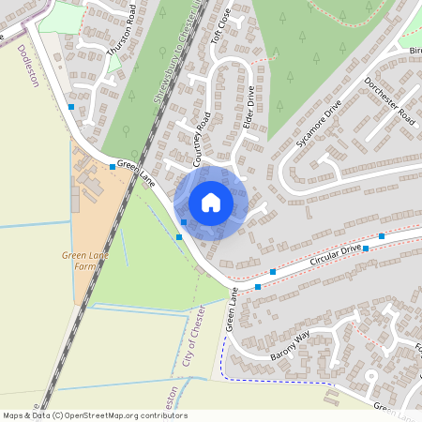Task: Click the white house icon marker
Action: coord(211,202)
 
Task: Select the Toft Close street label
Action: coord(220,38)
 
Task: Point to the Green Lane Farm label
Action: coord(80,260)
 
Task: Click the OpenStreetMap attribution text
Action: coord(94,415)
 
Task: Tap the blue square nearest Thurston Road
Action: coord(72,108)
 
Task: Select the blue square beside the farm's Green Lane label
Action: coord(113,167)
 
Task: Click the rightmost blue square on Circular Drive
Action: coord(382,236)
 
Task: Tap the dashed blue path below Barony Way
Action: coord(281,382)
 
